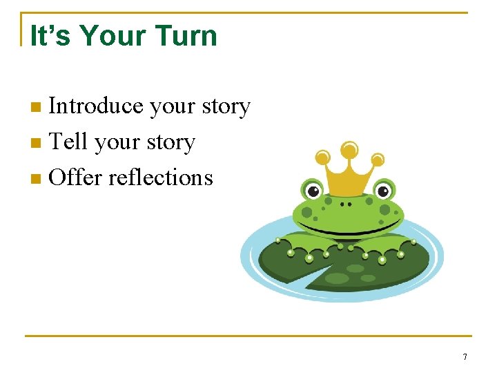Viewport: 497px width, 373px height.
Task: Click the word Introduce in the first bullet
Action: click(x=96, y=106)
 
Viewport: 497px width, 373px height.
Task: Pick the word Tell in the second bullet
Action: click(x=69, y=142)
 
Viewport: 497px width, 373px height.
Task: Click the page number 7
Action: click(x=465, y=357)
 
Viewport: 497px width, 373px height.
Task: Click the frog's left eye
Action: click(x=312, y=191)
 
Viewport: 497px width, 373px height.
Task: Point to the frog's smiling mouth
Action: click(x=348, y=229)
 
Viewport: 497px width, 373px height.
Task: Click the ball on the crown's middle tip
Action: click(x=349, y=149)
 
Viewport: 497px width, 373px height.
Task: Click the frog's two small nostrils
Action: click(x=347, y=204)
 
